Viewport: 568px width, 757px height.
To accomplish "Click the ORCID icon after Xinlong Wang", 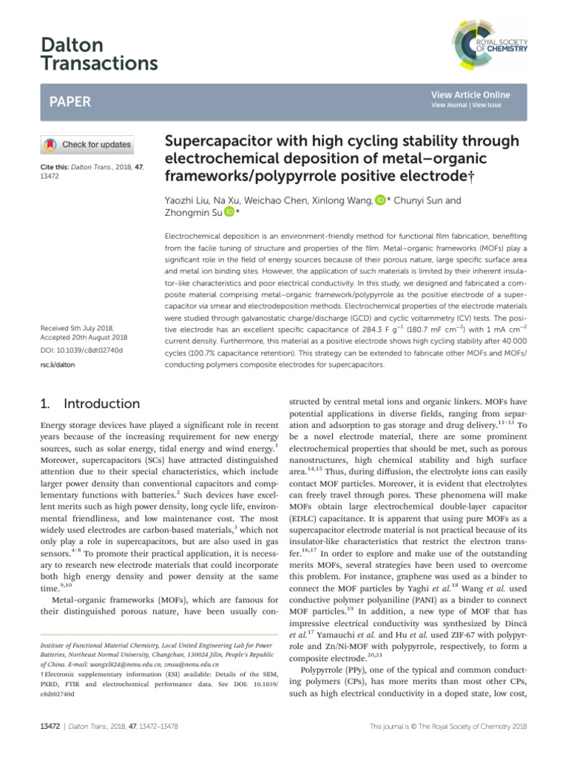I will coord(380,200).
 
